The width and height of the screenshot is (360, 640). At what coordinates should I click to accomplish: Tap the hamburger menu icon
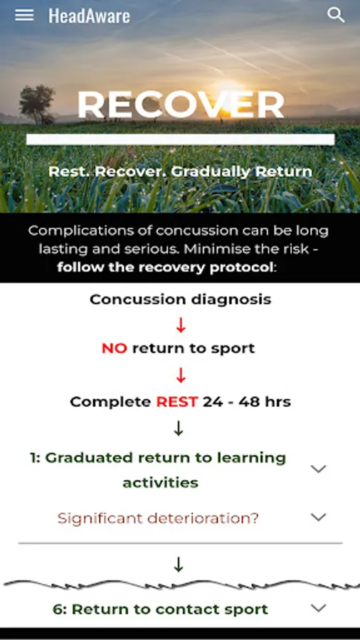click(24, 15)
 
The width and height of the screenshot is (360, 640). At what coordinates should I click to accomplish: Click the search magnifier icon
click(336, 15)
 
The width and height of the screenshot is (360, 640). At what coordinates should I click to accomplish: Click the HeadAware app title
click(89, 16)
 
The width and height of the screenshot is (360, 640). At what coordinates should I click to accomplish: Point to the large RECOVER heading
click(181, 105)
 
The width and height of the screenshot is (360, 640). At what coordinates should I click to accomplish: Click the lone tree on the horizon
click(37, 104)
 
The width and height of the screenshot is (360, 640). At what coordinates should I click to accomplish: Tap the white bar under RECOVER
click(181, 139)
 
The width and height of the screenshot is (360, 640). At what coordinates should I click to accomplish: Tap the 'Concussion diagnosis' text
click(181, 299)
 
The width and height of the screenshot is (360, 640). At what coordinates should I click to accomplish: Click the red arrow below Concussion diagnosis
click(181, 324)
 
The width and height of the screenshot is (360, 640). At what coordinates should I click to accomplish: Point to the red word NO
click(115, 348)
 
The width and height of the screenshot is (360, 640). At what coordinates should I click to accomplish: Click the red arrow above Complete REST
click(181, 375)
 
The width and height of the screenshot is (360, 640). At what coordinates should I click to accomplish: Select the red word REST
click(176, 402)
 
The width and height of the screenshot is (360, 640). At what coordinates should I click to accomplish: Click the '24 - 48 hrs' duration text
click(247, 402)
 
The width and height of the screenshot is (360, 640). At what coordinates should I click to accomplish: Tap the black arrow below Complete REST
click(179, 428)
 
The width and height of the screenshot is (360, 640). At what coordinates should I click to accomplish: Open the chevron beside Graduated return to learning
click(318, 469)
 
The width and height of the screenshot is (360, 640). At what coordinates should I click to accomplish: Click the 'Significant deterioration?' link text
click(158, 518)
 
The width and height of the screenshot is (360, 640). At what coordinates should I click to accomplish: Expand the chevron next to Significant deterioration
click(318, 517)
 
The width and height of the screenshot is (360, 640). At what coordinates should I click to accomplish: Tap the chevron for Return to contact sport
click(318, 608)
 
